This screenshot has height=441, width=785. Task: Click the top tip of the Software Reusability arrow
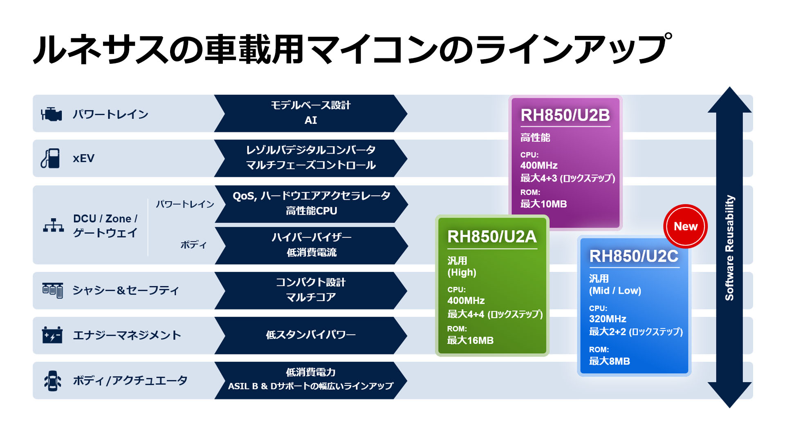click(730, 87)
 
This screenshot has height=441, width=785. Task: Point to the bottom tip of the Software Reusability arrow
click(730, 408)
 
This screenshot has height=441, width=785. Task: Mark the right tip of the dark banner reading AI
click(407, 114)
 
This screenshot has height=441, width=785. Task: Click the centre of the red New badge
click(685, 226)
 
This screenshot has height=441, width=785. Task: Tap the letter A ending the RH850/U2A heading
click(530, 237)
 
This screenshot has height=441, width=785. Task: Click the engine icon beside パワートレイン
click(52, 114)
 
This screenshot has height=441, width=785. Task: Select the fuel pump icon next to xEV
click(50, 158)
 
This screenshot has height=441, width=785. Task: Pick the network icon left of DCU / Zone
click(54, 225)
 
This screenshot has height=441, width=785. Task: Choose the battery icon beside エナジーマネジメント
click(52, 335)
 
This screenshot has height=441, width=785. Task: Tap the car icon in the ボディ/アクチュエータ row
click(52, 381)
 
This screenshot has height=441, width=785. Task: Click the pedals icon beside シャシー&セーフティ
click(53, 290)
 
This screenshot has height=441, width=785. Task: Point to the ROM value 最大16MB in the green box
click(470, 340)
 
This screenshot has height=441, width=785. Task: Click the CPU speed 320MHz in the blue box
click(608, 319)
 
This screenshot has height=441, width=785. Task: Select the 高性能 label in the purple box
click(535, 138)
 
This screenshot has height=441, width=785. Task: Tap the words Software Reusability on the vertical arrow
click(729, 248)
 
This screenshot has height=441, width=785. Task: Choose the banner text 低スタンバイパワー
click(311, 335)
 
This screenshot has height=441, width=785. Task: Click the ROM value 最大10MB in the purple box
click(543, 204)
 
